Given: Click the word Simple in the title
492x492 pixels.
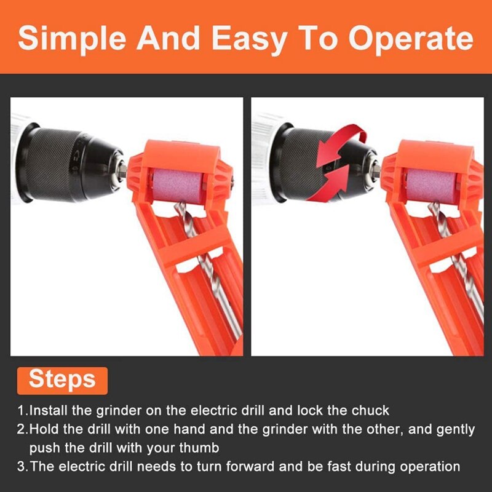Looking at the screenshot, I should tap(72, 38).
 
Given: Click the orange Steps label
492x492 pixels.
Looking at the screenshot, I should tap(62, 379).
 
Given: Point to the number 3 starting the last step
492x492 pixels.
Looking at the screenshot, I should tap(21, 467).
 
